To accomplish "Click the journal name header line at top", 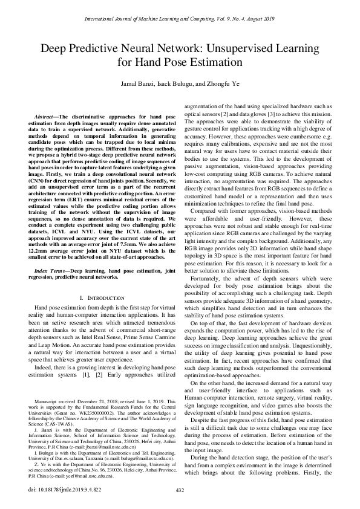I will tap(180, 19).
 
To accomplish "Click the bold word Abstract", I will tap(45, 115).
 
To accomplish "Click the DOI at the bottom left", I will tap(61, 489).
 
